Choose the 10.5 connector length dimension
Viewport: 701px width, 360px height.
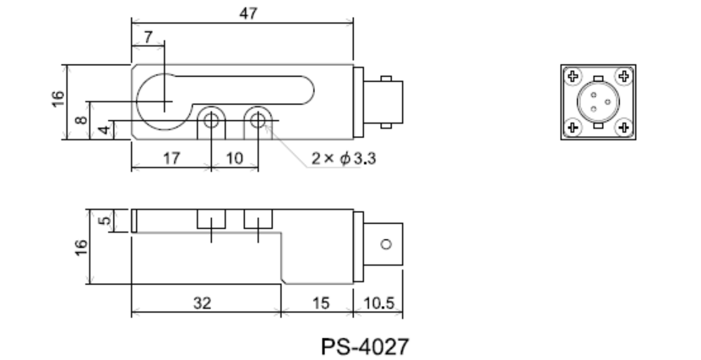[x=381, y=303]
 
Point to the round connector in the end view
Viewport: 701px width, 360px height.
[x=598, y=102]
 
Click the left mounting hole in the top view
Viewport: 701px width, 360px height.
[x=211, y=122]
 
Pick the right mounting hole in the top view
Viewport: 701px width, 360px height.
[x=258, y=122]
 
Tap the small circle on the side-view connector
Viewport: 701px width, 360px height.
[x=385, y=245]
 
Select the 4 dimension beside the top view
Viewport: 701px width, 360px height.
[x=102, y=129]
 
